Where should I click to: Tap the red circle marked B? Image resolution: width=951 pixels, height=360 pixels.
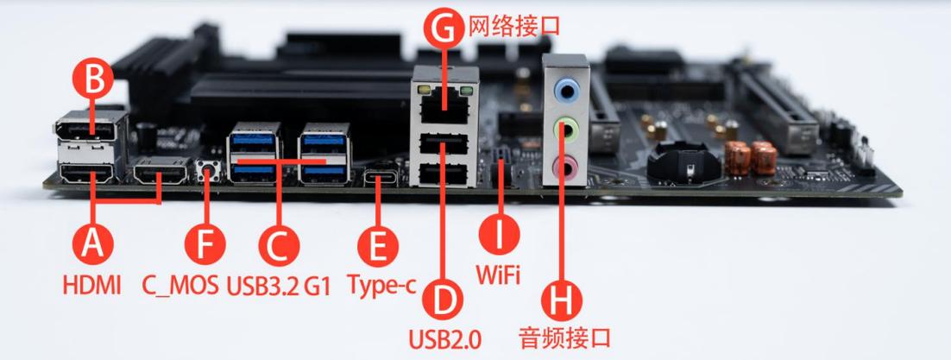(x=95, y=81)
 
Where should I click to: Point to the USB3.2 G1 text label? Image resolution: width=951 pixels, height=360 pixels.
(x=280, y=284)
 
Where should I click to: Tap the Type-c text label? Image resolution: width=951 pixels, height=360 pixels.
(x=376, y=284)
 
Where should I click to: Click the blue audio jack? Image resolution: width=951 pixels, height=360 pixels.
(x=567, y=88)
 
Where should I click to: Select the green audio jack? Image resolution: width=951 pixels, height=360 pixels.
(x=567, y=129)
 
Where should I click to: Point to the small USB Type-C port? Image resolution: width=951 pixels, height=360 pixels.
(x=378, y=180)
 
